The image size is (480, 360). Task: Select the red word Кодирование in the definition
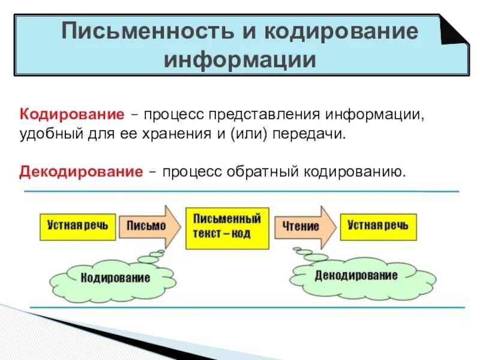tap(72, 114)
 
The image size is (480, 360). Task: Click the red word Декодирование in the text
tap(81, 172)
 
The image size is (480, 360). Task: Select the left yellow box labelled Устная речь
tap(77, 226)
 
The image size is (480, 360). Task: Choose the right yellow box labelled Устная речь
tap(378, 226)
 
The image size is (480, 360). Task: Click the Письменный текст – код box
tap(227, 228)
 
